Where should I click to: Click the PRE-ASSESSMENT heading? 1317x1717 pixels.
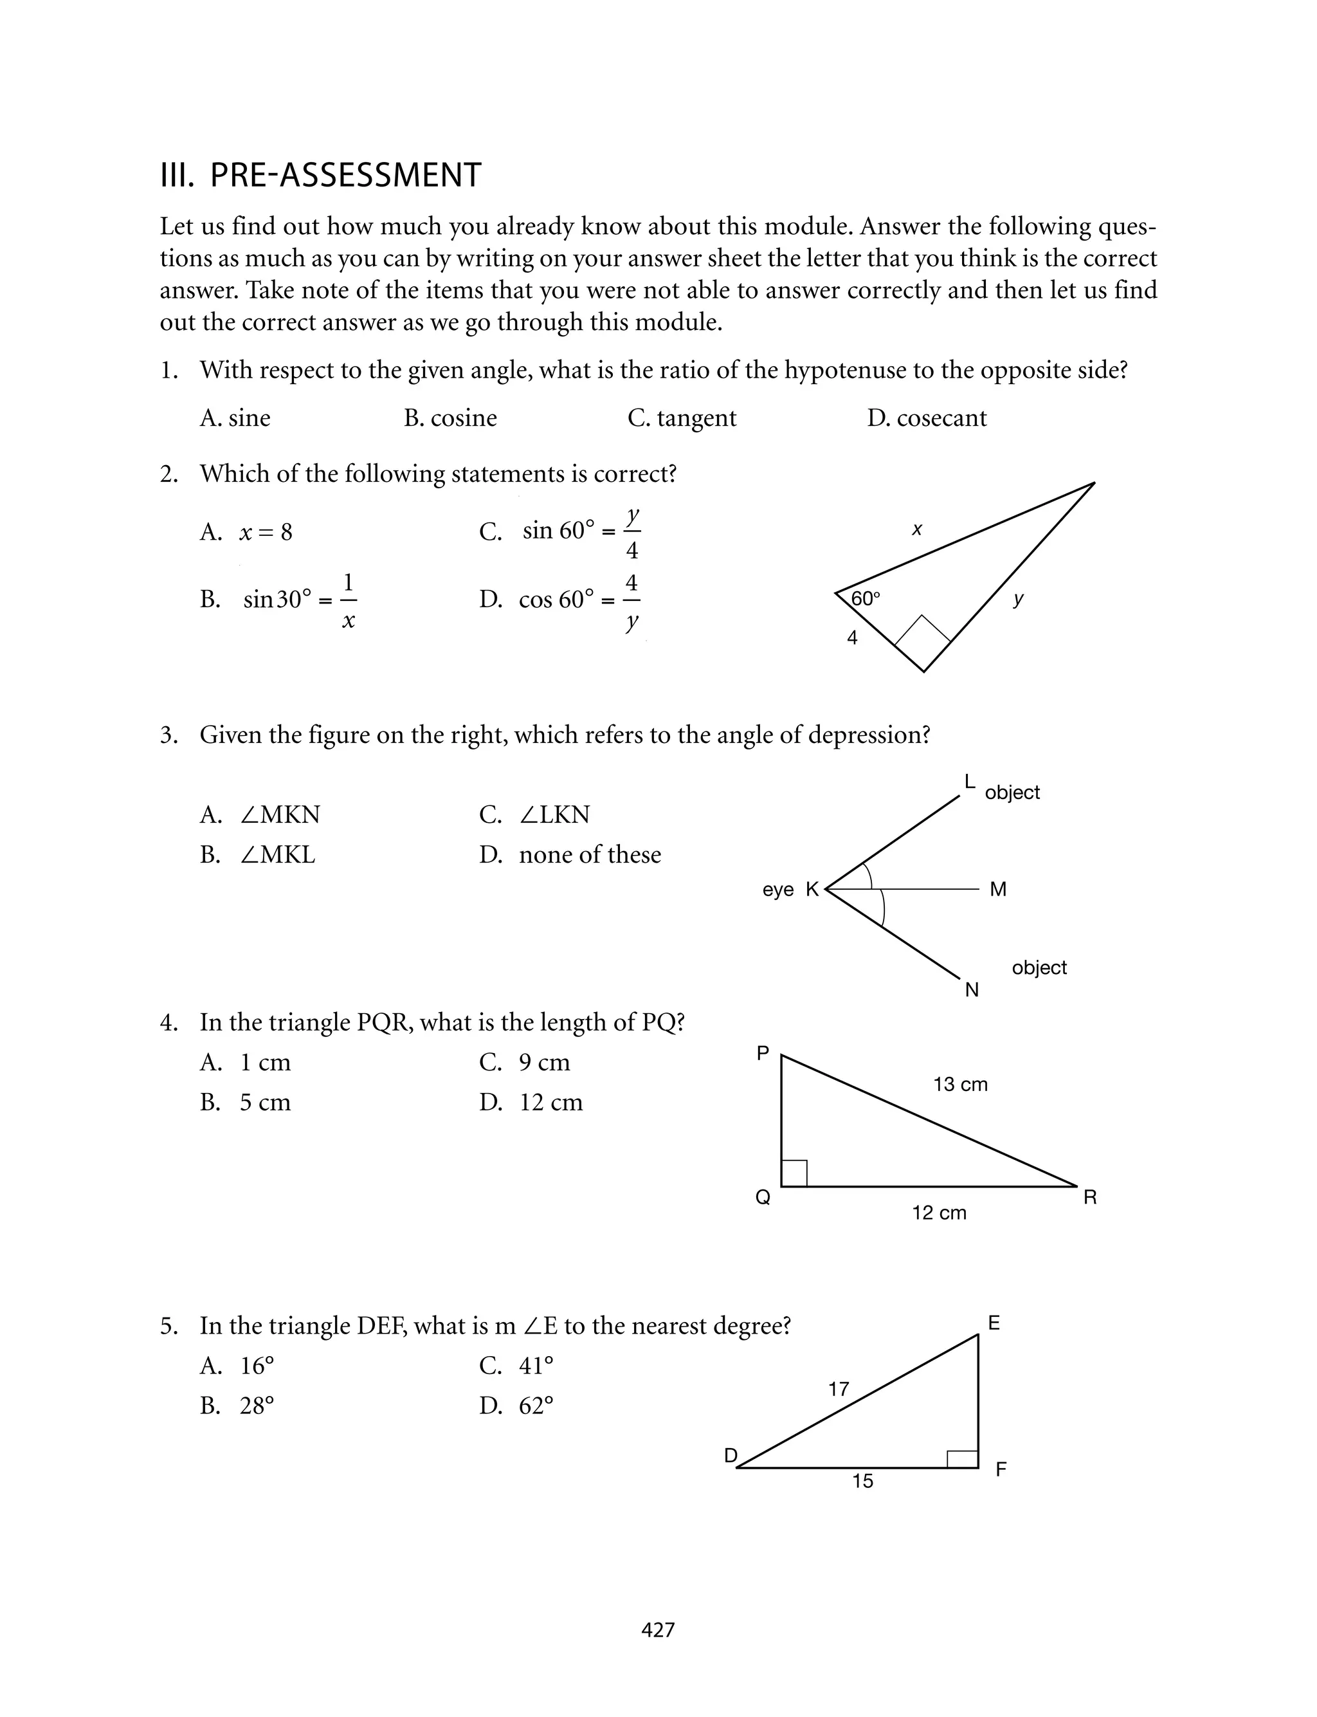[x=321, y=175]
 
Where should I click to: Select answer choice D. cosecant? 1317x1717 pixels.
[x=927, y=418]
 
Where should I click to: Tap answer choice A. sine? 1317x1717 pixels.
[x=235, y=418]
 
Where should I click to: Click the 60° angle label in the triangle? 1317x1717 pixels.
[x=866, y=599]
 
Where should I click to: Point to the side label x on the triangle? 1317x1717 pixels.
[x=916, y=530]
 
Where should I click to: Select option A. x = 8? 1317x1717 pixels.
[x=246, y=533]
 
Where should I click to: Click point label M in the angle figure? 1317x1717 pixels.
[x=998, y=889]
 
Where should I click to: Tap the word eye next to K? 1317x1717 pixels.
[x=777, y=889]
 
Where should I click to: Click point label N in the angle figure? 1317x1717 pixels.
[x=972, y=990]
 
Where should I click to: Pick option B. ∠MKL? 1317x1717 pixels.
[x=258, y=854]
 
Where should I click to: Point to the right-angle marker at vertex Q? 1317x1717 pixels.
[x=794, y=1173]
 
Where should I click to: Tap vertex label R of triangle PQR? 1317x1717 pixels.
[x=1089, y=1197]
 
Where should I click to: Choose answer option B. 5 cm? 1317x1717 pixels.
[x=246, y=1103]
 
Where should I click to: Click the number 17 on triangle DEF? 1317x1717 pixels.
[x=839, y=1390]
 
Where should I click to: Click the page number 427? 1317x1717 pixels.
[x=658, y=1630]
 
